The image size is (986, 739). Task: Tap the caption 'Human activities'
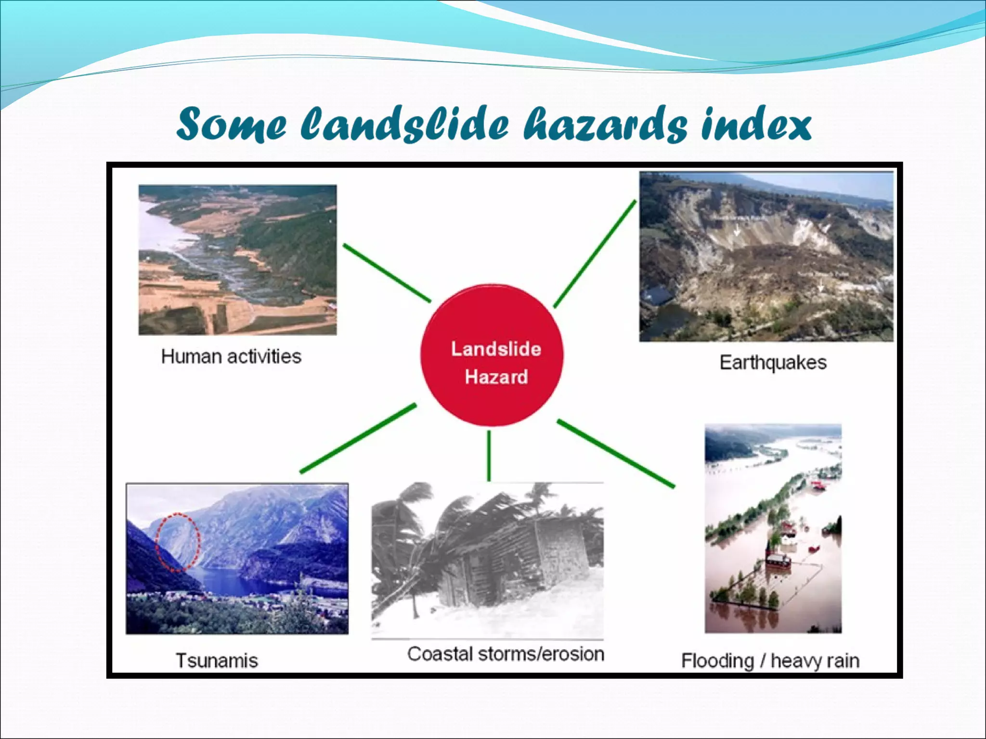[x=231, y=357]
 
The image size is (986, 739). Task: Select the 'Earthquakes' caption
[x=773, y=362]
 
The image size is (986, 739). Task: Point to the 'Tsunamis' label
[x=217, y=661]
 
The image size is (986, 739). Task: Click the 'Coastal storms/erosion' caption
[x=506, y=654]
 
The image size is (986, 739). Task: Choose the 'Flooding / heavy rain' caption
[x=770, y=661]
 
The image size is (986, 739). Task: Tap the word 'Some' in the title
[x=231, y=124]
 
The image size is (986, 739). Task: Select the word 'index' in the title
[x=756, y=124]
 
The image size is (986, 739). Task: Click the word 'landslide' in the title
[x=404, y=124]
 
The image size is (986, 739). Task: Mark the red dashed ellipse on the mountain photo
[x=178, y=542]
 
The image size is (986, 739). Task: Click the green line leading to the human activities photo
[x=387, y=273]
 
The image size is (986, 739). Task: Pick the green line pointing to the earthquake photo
[x=595, y=254]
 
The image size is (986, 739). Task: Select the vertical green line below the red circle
[x=489, y=455]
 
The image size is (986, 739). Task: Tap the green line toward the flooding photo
[x=616, y=454]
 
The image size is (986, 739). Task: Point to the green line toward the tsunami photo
[x=358, y=438]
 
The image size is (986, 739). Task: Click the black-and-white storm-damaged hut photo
[x=487, y=561]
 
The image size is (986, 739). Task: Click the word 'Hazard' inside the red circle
[x=496, y=377]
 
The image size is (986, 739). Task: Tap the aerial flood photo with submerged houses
[x=773, y=528]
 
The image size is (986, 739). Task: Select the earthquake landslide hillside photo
[x=766, y=256]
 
